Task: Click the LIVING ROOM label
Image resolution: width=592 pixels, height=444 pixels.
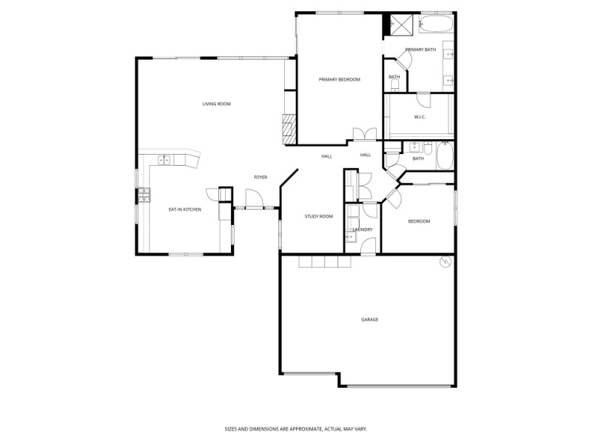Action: [217, 104]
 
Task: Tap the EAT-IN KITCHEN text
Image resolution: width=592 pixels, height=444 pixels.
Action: [185, 209]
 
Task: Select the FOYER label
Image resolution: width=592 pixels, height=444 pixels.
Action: [260, 177]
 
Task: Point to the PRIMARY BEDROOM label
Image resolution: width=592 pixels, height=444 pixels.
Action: [339, 79]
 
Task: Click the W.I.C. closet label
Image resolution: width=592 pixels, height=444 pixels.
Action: [419, 117]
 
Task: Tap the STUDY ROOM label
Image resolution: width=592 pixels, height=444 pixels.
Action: [318, 216]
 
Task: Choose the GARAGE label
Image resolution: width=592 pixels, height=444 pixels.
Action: [369, 320]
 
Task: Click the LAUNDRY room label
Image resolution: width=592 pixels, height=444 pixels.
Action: [363, 229]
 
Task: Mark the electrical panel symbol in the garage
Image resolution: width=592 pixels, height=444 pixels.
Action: [445, 261]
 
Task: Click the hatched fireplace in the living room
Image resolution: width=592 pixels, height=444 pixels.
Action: [287, 129]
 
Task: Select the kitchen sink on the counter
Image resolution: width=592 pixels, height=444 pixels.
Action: [164, 160]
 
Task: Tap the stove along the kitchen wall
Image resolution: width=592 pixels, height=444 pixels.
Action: [144, 195]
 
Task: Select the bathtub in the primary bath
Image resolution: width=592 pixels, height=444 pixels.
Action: [436, 24]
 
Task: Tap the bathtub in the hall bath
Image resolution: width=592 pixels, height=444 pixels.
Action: [445, 156]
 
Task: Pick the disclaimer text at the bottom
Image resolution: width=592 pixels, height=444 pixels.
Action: [296, 428]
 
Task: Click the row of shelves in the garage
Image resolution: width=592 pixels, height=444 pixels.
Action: [324, 262]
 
